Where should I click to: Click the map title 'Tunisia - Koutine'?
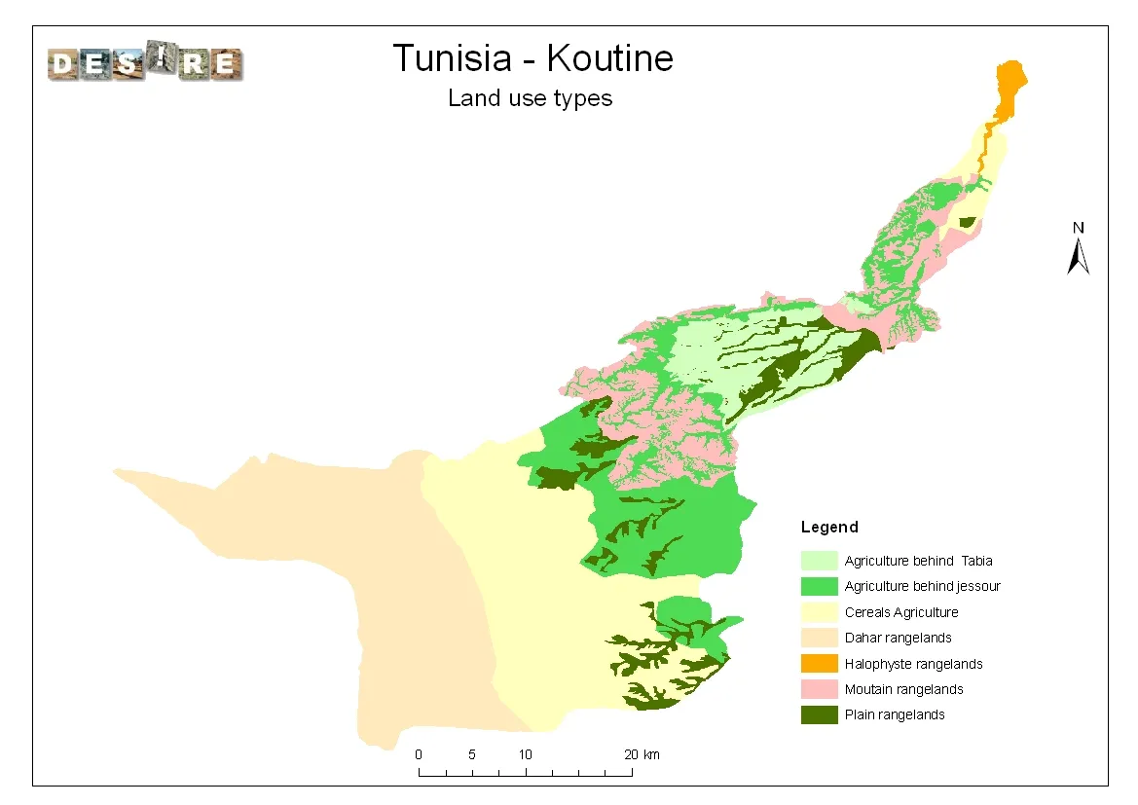click(532, 58)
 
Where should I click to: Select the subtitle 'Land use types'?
click(530, 98)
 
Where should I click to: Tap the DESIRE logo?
click(145, 64)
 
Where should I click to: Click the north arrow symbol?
click(1078, 257)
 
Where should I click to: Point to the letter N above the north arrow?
click(1078, 228)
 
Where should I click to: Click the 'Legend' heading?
click(829, 528)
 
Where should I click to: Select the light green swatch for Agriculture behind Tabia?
click(819, 561)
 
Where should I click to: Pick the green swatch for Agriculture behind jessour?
click(819, 587)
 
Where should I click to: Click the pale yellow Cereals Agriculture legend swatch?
click(819, 612)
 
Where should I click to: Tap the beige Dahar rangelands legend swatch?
click(819, 638)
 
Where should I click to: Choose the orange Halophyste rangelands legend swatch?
click(819, 664)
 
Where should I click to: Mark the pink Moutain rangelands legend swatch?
click(819, 689)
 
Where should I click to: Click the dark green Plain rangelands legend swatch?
click(819, 714)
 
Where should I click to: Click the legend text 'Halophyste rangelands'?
click(913, 664)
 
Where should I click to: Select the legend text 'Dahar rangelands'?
click(898, 638)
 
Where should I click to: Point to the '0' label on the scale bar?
click(419, 754)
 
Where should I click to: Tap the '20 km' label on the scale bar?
click(642, 754)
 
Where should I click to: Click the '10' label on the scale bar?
click(525, 754)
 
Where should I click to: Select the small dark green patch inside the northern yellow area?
click(966, 222)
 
